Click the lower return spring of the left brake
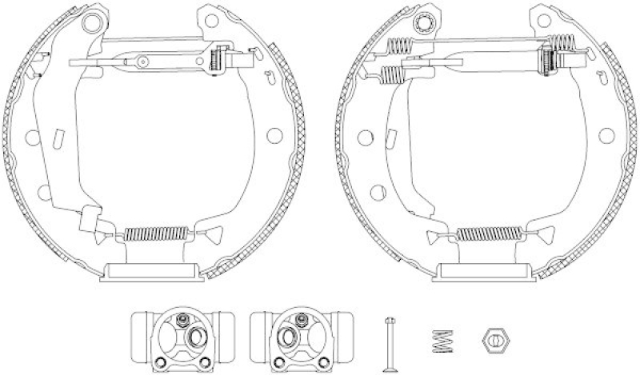coord(157,234)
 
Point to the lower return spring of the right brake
coord(487,234)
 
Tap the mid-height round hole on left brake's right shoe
coord(274,134)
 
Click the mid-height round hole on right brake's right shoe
coord(605,134)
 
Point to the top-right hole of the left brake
coord(211,17)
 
